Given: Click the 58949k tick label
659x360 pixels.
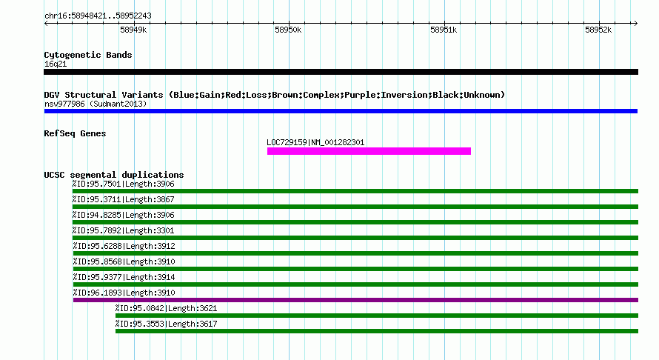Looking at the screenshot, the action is click(133, 30).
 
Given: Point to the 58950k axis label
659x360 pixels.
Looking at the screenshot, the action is click(288, 30).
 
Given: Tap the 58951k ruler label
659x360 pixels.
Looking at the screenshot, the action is click(444, 30).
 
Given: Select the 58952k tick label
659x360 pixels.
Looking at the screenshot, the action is click(598, 30).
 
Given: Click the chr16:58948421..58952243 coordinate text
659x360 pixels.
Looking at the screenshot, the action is click(98, 16).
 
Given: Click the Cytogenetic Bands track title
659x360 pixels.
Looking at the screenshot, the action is click(88, 55).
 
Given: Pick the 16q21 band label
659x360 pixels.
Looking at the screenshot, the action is click(56, 64).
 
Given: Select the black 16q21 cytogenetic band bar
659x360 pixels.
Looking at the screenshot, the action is click(341, 72).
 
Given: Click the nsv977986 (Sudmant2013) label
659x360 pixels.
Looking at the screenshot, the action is click(96, 104).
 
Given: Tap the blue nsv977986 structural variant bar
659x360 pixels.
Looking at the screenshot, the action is click(341, 111).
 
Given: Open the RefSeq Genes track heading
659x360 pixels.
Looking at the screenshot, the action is click(75, 133).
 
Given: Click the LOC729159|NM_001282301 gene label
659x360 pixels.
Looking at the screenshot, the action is click(315, 142).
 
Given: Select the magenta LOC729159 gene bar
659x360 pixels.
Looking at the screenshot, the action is click(369, 151).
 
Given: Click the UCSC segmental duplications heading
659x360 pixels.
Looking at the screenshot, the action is click(114, 175).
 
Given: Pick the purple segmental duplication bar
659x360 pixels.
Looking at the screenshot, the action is click(355, 300).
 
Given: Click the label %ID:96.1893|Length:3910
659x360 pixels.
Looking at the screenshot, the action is click(124, 293).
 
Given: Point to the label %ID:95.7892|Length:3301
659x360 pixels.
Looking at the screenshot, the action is click(123, 230).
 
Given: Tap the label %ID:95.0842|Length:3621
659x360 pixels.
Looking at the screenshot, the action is click(167, 308).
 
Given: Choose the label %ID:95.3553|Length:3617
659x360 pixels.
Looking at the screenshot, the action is click(167, 324).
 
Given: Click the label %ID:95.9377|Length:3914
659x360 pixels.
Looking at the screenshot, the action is click(124, 277).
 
